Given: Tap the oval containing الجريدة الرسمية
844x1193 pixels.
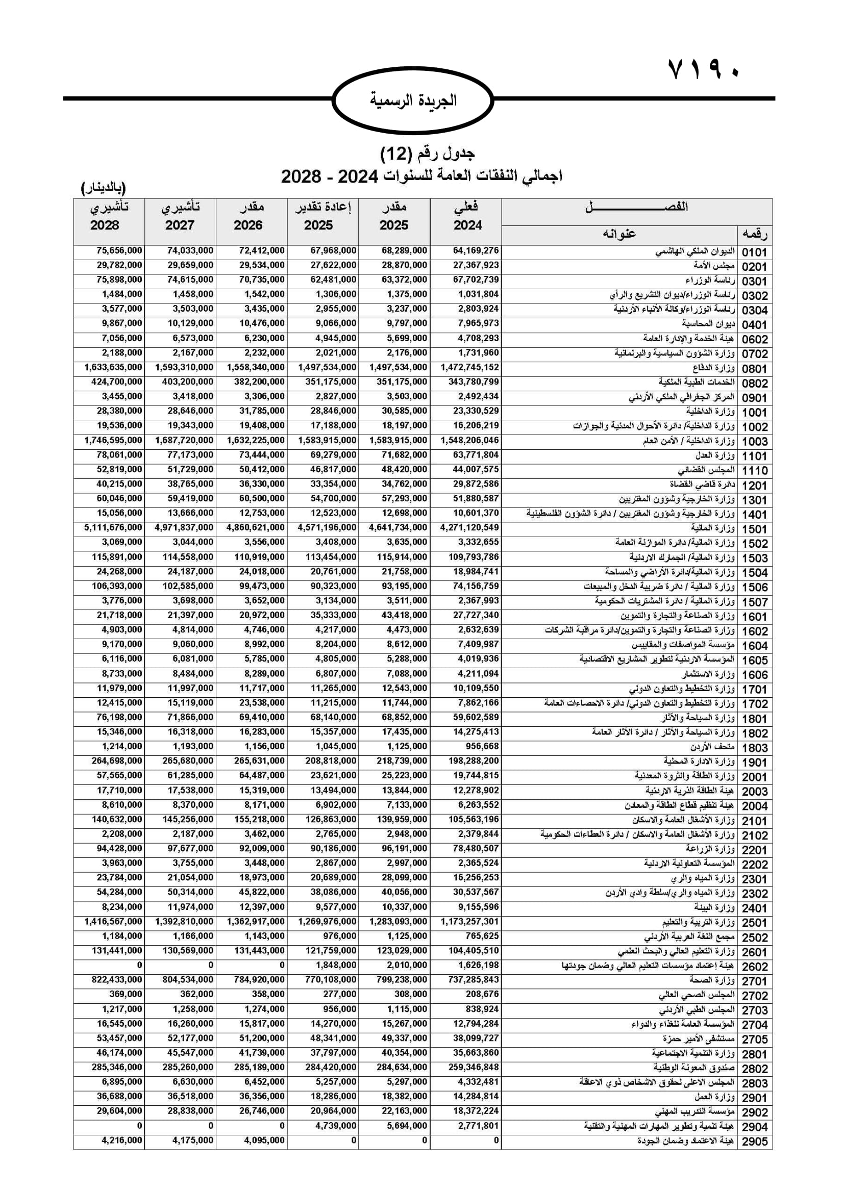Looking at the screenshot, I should tap(413, 100).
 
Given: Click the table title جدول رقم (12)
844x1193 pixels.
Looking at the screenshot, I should tap(427, 154).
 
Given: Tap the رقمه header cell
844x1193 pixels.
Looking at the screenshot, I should tap(754, 234).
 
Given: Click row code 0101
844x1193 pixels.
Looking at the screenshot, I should tap(754, 252).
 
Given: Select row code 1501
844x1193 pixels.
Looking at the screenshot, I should tap(754, 529).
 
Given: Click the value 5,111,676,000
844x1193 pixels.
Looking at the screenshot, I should tap(113, 527).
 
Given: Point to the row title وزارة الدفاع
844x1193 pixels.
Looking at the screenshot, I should tap(713, 368).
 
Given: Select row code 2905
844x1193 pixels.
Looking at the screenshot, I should tap(754, 1141).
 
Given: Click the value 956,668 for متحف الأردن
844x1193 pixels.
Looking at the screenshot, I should tap(482, 746).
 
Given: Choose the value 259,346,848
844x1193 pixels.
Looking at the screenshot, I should tap(473, 1067).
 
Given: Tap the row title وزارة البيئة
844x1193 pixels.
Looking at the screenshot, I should tap(714, 907).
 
